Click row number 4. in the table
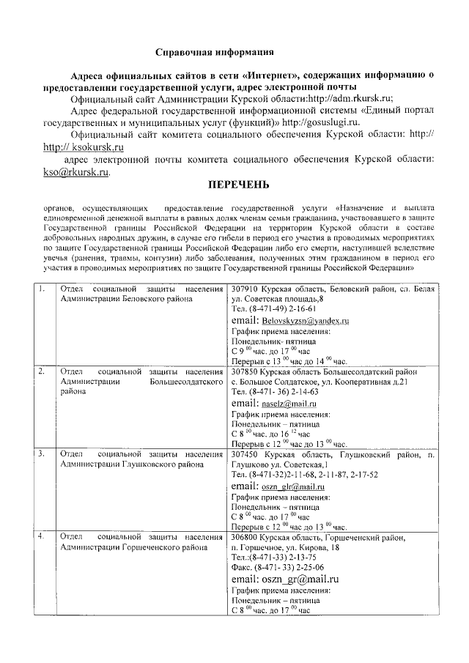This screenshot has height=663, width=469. point(43,536)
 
